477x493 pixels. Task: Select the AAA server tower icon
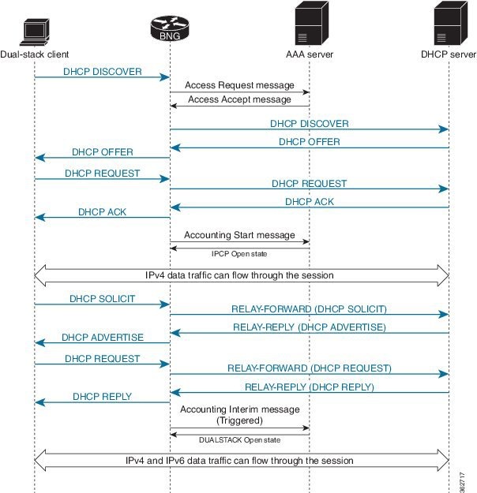point(309,25)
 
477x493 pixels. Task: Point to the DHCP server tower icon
point(449,25)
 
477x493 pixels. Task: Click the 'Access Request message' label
point(239,84)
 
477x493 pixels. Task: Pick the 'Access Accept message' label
point(239,99)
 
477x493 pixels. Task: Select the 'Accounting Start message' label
point(239,235)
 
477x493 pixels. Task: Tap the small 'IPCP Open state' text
point(239,254)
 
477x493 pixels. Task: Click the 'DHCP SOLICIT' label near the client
point(102,299)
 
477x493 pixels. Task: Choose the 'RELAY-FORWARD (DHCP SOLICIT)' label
point(309,308)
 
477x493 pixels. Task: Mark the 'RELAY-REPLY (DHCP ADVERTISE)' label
point(309,327)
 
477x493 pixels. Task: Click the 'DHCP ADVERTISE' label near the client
point(102,338)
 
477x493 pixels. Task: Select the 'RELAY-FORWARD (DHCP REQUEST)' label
point(309,368)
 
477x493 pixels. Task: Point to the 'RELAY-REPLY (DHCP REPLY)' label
point(309,387)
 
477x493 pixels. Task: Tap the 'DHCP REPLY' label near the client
point(102,397)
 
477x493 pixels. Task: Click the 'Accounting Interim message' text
point(239,409)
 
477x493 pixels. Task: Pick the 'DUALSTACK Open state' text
point(239,439)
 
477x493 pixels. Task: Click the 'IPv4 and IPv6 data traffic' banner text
point(239,460)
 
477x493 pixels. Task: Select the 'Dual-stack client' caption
point(35,54)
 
